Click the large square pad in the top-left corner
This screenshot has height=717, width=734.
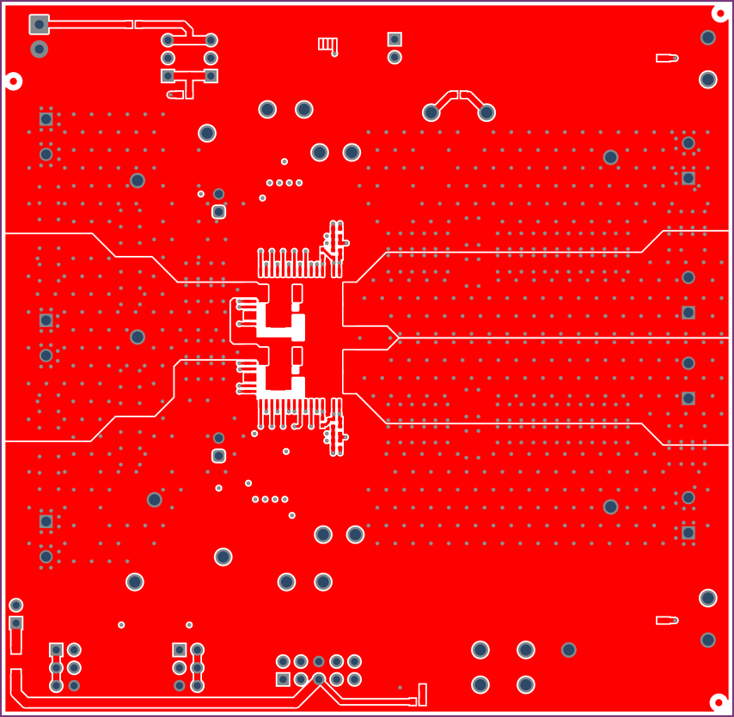pyautogui.click(x=39, y=24)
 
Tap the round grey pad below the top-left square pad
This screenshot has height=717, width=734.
pyautogui.click(x=39, y=49)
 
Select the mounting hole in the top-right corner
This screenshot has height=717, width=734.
pyautogui.click(x=720, y=12)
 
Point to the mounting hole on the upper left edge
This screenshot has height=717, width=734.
pyautogui.click(x=13, y=82)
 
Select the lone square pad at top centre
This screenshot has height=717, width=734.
pyautogui.click(x=395, y=39)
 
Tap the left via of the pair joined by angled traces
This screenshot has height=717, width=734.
pyautogui.click(x=431, y=112)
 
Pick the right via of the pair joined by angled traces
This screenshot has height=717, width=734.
pyautogui.click(x=486, y=112)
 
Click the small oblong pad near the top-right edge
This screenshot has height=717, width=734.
pyautogui.click(x=667, y=58)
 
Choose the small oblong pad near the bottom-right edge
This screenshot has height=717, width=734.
pyautogui.click(x=667, y=620)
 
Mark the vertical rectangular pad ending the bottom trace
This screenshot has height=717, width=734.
pyautogui.click(x=422, y=695)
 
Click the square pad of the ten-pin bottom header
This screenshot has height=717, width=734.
pyautogui.click(x=283, y=679)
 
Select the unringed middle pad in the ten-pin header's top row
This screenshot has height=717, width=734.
pyautogui.click(x=319, y=661)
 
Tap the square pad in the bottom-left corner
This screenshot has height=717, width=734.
pyautogui.click(x=15, y=623)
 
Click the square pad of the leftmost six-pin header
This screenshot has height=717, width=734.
pyautogui.click(x=56, y=649)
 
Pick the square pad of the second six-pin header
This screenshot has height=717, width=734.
pyautogui.click(x=179, y=649)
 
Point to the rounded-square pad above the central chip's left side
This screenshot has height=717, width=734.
pyautogui.click(x=218, y=211)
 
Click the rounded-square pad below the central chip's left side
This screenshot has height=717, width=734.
pyautogui.click(x=218, y=455)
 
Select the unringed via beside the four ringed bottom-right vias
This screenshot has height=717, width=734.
pyautogui.click(x=568, y=650)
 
